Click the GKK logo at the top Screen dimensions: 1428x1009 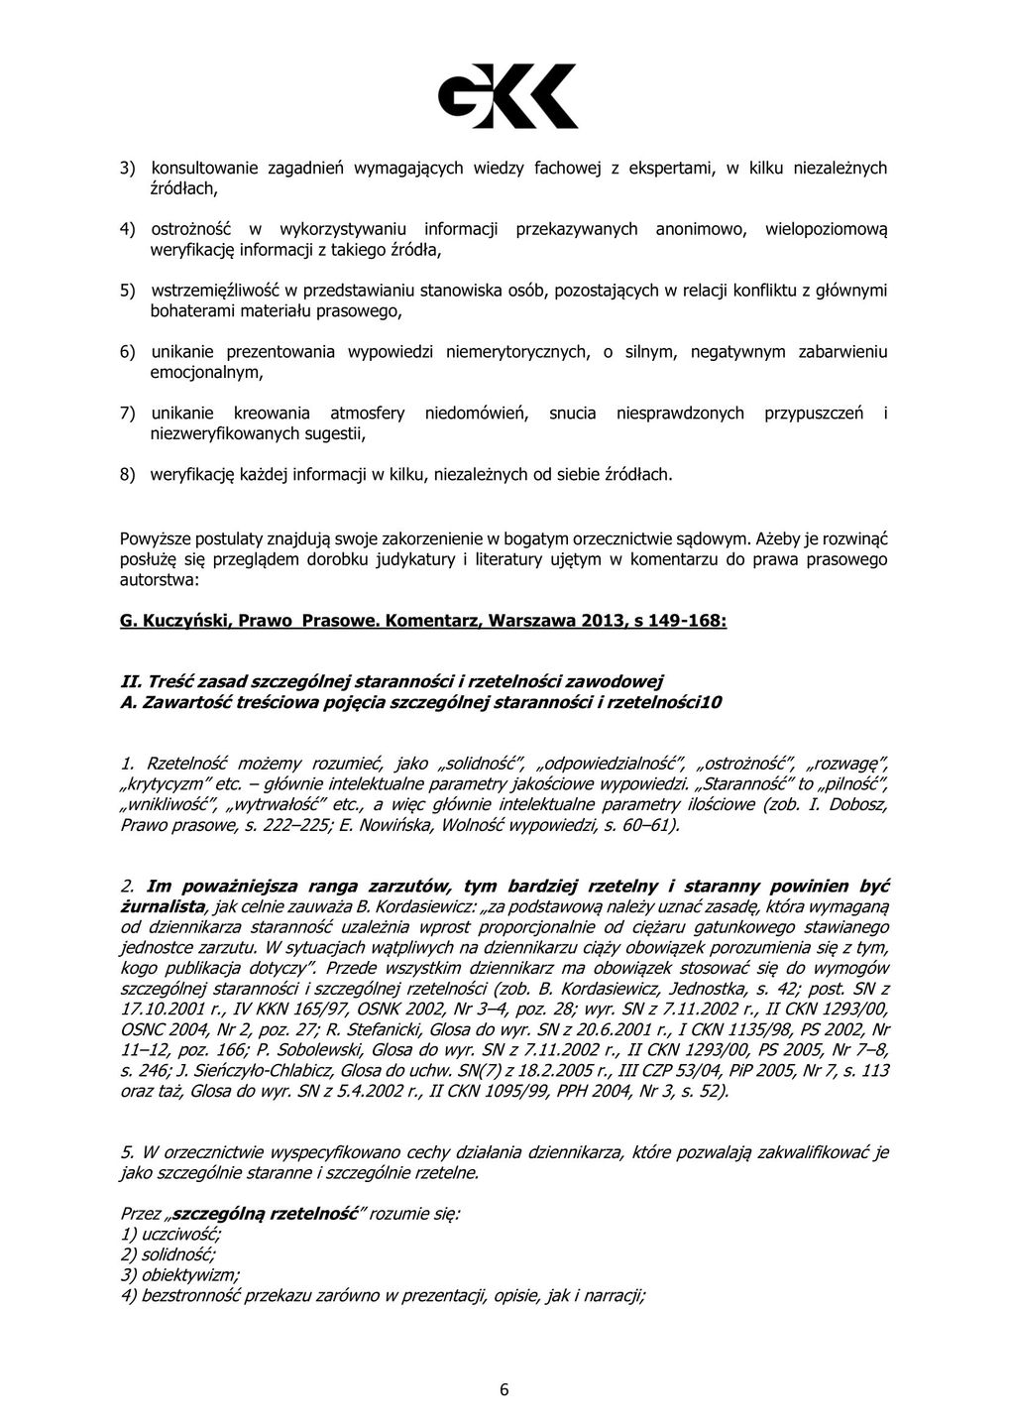tap(507, 95)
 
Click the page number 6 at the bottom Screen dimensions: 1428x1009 tap(504, 1389)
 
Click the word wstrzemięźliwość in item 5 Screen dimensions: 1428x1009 tap(214, 292)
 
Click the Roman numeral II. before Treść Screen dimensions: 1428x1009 tap(129, 681)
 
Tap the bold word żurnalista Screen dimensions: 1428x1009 tap(164, 906)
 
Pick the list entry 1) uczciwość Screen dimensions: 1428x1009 tap(170, 1234)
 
